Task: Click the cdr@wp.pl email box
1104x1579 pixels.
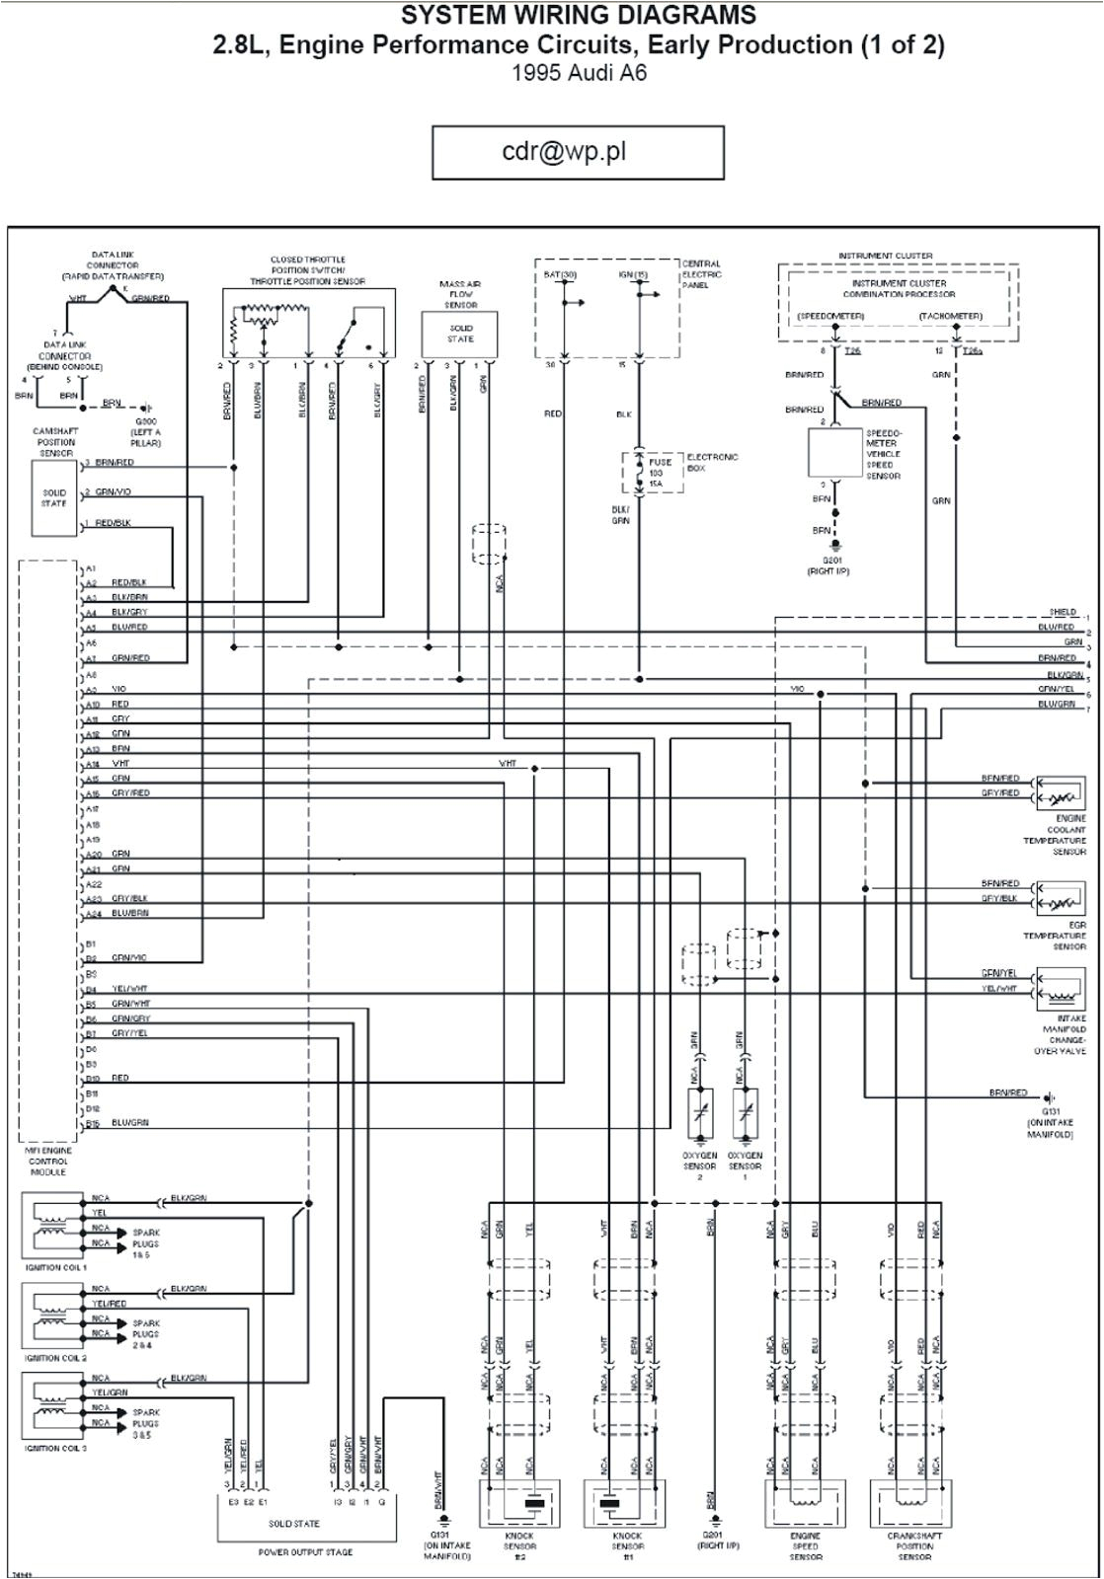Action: click(x=578, y=153)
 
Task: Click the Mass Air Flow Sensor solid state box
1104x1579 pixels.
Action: click(x=460, y=335)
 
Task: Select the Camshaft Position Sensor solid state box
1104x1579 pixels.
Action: click(x=54, y=499)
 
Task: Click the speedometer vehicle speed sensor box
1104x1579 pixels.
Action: click(x=835, y=453)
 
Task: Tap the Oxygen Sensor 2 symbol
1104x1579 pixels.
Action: click(x=700, y=1116)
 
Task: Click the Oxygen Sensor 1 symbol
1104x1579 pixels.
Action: click(x=745, y=1116)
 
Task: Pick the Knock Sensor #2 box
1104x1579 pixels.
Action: click(x=519, y=1504)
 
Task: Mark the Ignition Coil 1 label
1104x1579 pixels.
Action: click(x=57, y=1266)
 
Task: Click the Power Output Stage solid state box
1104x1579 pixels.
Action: click(x=293, y=1521)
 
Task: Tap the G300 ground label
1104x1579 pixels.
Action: click(x=144, y=420)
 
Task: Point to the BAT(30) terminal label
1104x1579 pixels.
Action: click(x=560, y=274)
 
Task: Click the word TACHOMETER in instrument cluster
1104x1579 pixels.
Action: click(x=950, y=316)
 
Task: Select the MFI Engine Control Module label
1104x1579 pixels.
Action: click(x=48, y=1161)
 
